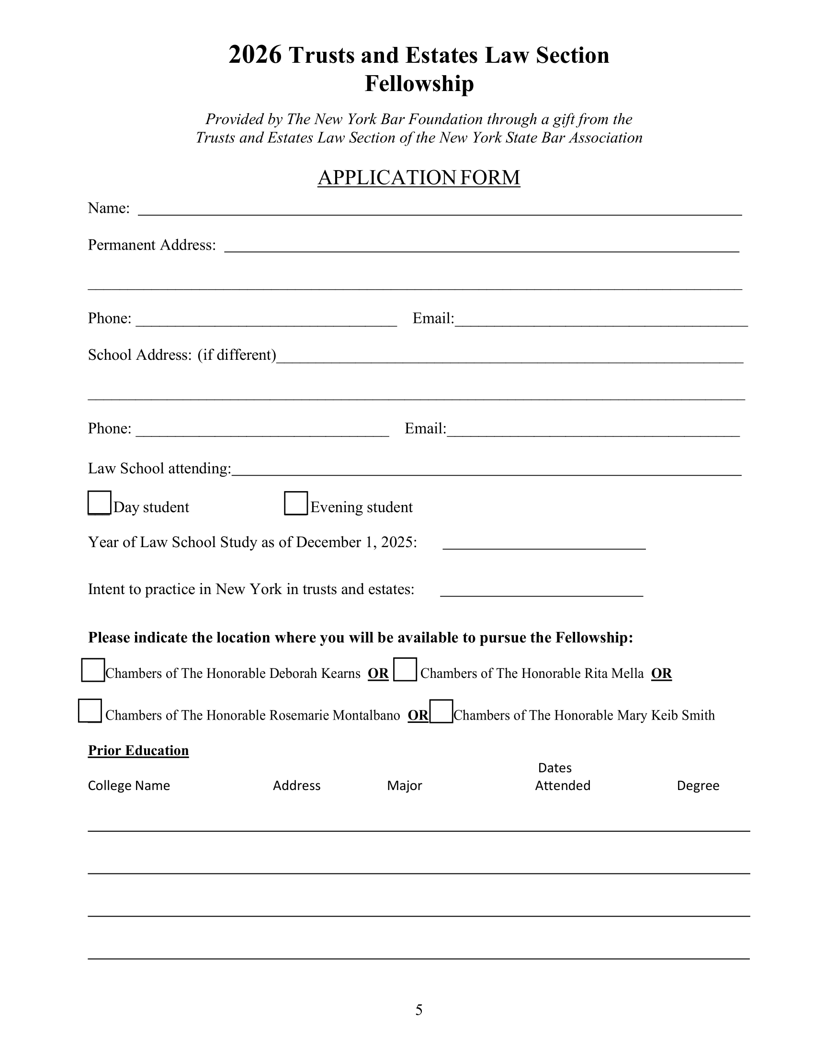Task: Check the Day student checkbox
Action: point(99,503)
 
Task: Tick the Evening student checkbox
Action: point(295,504)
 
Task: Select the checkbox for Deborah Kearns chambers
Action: point(93,670)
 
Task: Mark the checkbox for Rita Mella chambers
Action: point(405,669)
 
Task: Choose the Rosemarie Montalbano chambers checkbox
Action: point(90,711)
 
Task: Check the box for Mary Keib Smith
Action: point(441,711)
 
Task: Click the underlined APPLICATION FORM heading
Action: point(418,178)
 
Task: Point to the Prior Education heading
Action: point(138,750)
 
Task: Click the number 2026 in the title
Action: point(255,55)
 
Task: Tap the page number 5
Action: point(418,1009)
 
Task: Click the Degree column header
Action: point(698,786)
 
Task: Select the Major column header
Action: point(404,786)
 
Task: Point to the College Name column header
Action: point(129,786)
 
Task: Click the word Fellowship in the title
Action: point(419,83)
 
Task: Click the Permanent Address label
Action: point(151,245)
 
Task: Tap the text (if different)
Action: point(237,355)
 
